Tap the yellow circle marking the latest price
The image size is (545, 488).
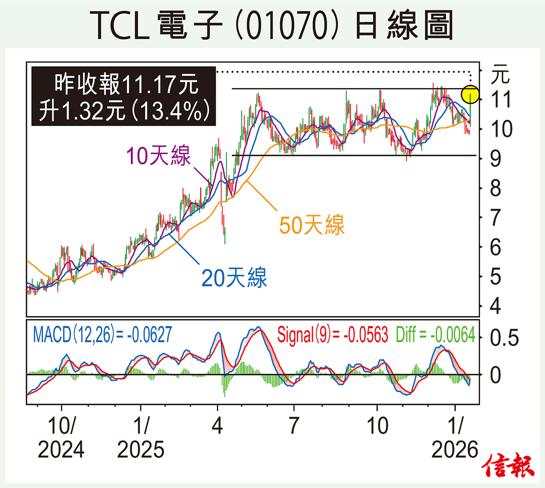tap(470, 95)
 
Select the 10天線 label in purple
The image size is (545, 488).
tap(158, 156)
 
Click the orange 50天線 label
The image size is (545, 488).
tap(312, 225)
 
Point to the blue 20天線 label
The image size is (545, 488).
tap(234, 278)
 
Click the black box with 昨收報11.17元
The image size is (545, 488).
tap(124, 96)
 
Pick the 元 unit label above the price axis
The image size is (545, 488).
tap(500, 74)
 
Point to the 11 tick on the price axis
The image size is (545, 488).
tap(501, 100)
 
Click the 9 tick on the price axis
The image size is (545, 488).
tap(495, 159)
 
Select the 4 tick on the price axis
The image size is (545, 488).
tap(495, 306)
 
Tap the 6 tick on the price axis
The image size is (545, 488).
tap(495, 247)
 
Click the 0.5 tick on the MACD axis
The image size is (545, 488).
tap(504, 338)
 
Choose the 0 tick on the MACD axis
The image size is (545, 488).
tap(495, 375)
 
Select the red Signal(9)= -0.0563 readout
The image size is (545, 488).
tap(332, 335)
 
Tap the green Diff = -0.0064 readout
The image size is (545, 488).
tap(435, 335)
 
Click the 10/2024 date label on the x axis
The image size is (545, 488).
tap(61, 437)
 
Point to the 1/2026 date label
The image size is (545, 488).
tap(455, 437)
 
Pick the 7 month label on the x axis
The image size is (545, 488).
tap(294, 426)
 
